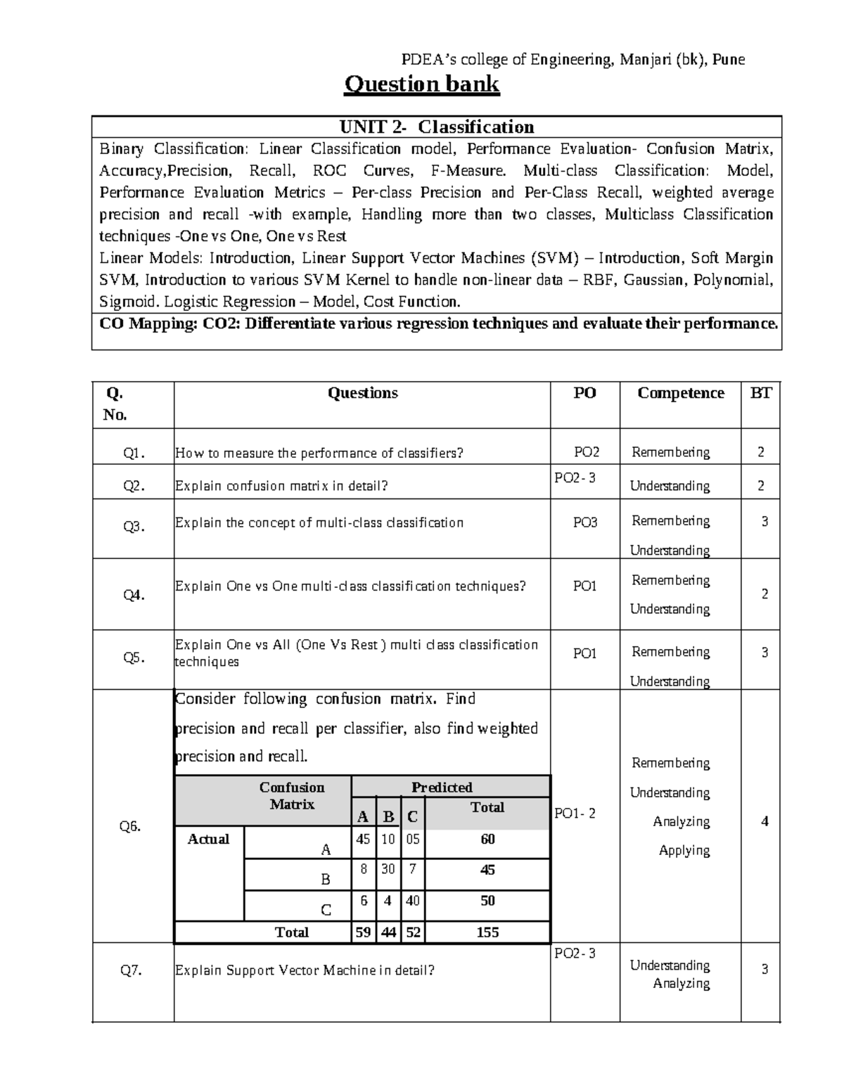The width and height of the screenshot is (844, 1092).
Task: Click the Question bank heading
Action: (421, 84)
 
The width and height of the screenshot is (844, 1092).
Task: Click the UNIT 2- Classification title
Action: (437, 127)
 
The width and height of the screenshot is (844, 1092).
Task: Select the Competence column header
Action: (680, 393)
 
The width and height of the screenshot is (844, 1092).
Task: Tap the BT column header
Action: (760, 393)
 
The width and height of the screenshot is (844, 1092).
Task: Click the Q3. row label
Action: (134, 527)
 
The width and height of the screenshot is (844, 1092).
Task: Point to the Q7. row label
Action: (132, 971)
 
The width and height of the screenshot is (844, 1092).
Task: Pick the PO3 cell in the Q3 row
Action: (584, 522)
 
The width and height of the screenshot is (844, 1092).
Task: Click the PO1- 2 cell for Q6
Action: (575, 814)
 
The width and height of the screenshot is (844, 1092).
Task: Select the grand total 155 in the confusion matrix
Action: (487, 932)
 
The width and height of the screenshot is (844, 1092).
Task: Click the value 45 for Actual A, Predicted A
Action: (363, 839)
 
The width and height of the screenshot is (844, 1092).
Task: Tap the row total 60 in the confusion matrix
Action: (487, 839)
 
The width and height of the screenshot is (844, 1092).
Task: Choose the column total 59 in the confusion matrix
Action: (363, 932)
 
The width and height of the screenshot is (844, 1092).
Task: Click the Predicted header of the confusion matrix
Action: (442, 788)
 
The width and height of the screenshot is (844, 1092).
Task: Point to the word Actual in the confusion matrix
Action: (208, 840)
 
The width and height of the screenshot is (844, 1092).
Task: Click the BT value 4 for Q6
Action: (765, 821)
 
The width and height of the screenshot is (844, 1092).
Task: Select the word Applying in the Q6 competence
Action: (684, 851)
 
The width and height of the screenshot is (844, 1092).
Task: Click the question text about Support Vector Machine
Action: (305, 971)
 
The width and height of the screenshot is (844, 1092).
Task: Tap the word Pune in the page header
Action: (729, 60)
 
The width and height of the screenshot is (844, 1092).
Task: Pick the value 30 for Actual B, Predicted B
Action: (388, 869)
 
